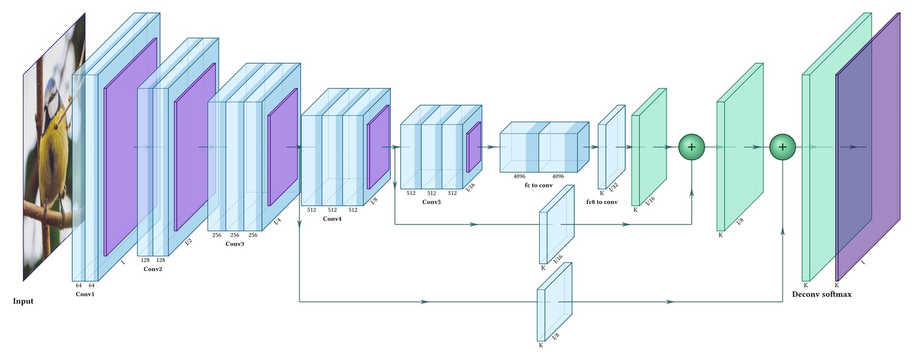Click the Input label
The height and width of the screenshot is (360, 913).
(23, 301)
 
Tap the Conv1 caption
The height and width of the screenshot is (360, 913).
(85, 294)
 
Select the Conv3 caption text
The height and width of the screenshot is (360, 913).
(234, 244)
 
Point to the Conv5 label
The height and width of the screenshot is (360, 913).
(431, 202)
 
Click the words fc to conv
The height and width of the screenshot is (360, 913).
(538, 185)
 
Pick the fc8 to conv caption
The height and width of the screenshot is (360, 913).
(602, 202)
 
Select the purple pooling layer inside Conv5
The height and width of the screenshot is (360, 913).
(474, 147)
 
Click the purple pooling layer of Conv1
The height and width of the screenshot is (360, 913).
(130, 147)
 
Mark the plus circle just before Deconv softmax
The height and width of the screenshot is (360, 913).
(782, 147)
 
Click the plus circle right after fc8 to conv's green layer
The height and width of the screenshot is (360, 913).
(691, 147)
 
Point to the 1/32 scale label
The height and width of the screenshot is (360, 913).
(613, 187)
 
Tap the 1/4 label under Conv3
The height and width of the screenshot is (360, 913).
(277, 221)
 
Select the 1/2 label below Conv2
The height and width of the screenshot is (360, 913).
(188, 242)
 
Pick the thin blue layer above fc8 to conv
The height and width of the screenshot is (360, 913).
(611, 147)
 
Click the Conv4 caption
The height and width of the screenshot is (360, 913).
(332, 219)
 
